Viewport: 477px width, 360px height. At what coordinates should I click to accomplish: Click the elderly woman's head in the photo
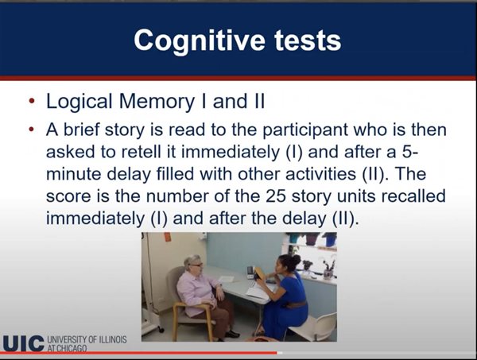click(194, 265)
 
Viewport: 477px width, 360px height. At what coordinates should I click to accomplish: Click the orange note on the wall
click(168, 237)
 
